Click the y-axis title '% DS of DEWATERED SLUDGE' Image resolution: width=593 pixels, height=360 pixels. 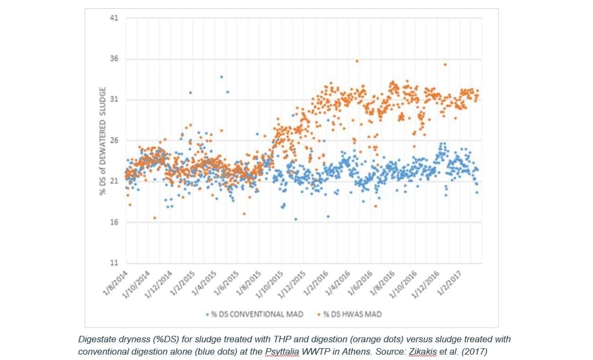point(102,140)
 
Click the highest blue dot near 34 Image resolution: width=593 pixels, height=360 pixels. point(221,77)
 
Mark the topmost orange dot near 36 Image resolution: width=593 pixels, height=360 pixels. point(357,61)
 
